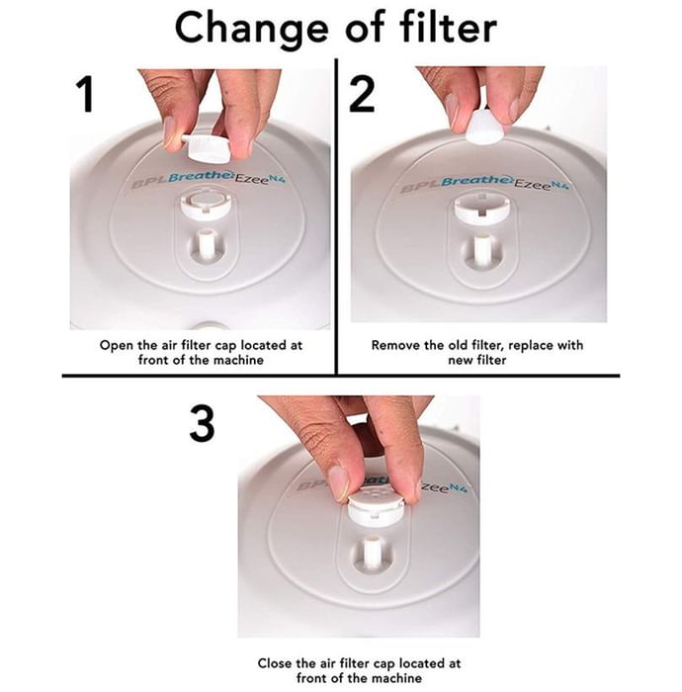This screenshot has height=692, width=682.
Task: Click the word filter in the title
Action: tap(448, 28)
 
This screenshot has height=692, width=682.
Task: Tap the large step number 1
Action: tap(85, 95)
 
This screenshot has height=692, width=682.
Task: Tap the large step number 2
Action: tap(362, 94)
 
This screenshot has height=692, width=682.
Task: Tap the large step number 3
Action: tap(203, 424)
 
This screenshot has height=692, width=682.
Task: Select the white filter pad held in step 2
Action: tap(484, 126)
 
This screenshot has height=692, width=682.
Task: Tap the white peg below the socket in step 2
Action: tap(481, 251)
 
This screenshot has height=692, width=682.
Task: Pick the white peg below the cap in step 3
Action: tap(371, 553)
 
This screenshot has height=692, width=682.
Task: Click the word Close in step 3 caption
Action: tap(275, 663)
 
